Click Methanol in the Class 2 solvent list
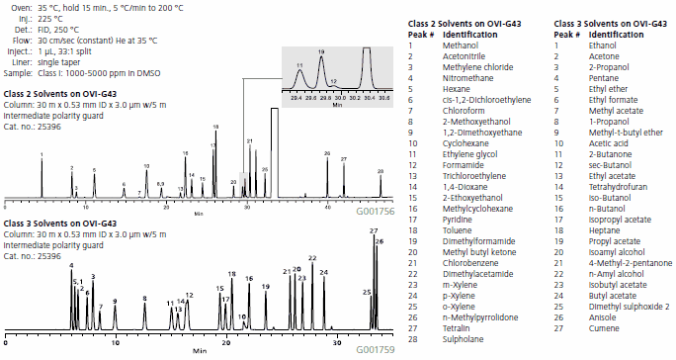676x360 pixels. coord(457,45)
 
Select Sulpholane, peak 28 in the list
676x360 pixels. coord(461,339)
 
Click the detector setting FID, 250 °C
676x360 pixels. coord(58,30)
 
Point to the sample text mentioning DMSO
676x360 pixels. coord(80,73)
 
